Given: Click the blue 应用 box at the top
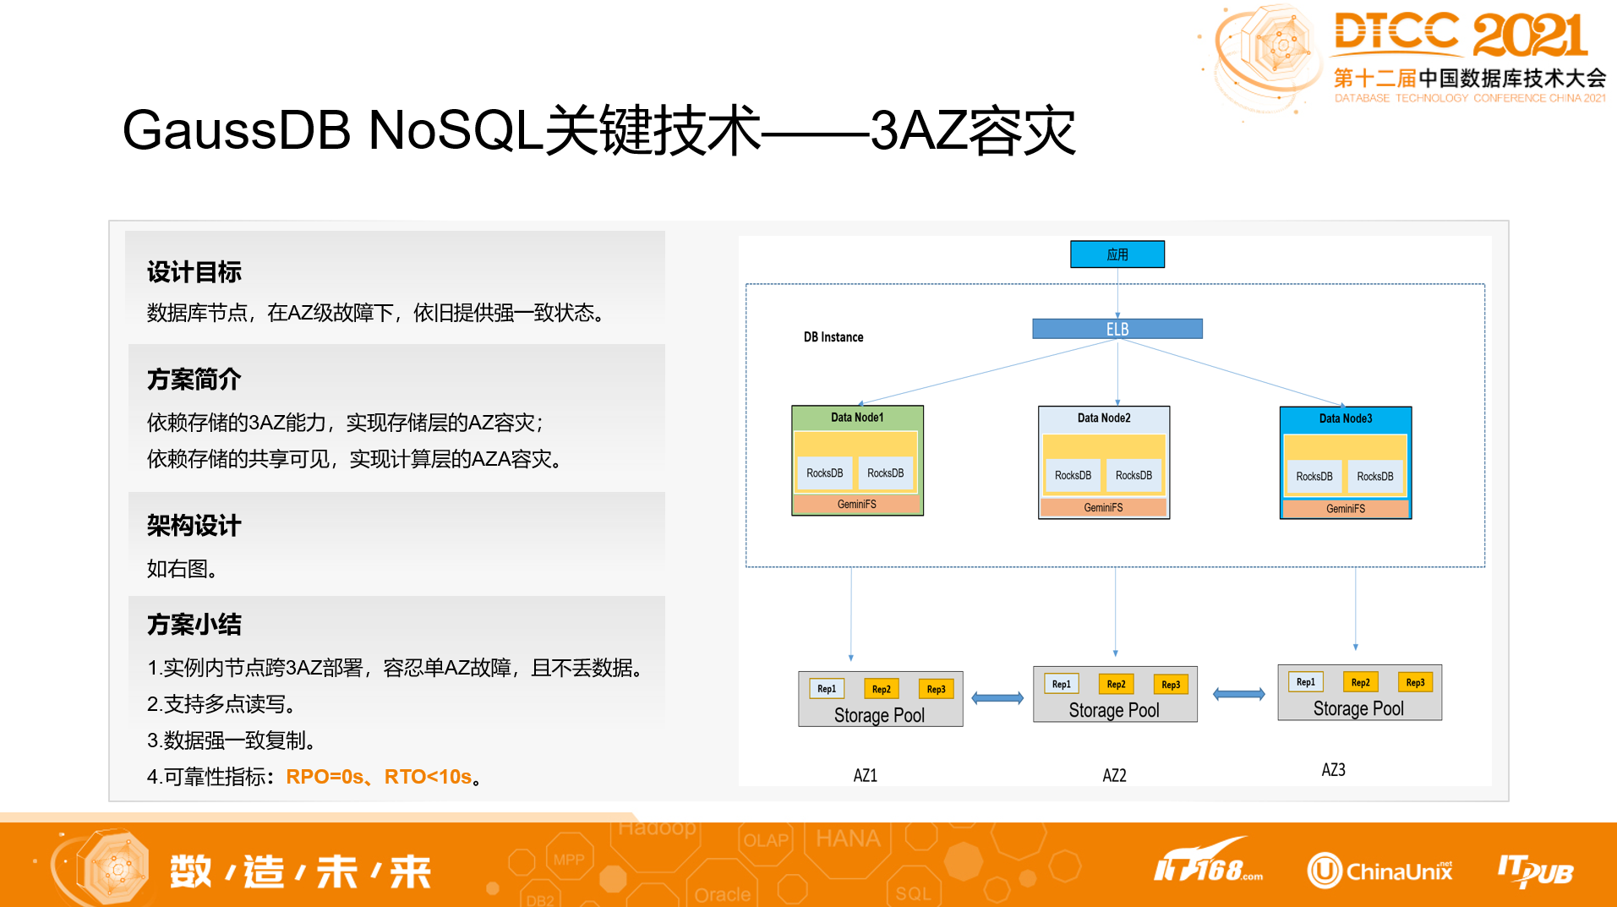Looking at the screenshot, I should (x=1117, y=254).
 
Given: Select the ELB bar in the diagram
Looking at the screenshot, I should (x=1117, y=329).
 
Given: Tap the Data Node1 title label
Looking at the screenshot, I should (x=856, y=418).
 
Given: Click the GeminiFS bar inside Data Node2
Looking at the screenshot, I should (x=1103, y=508).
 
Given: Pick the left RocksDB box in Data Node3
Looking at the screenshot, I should (x=1314, y=477).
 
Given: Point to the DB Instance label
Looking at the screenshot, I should (x=833, y=337).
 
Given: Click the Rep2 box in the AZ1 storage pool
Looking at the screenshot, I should (x=881, y=689).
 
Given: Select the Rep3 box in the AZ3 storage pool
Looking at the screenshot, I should (x=1414, y=682).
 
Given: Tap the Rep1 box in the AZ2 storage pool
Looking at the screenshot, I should (x=1061, y=684).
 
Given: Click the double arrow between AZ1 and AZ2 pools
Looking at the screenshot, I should (x=997, y=698).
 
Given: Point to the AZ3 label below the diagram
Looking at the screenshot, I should (x=1333, y=770).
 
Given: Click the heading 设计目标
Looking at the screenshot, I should (x=194, y=272).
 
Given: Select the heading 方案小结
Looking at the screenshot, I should (x=194, y=625).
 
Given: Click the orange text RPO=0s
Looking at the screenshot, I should (x=325, y=777).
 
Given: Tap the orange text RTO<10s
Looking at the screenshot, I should (x=428, y=777).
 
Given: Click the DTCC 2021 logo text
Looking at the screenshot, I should (x=1461, y=36).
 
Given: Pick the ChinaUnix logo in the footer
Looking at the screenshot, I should (x=1379, y=871).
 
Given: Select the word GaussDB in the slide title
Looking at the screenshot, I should (x=237, y=131).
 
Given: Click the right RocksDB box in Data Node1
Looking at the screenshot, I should (x=885, y=473).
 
